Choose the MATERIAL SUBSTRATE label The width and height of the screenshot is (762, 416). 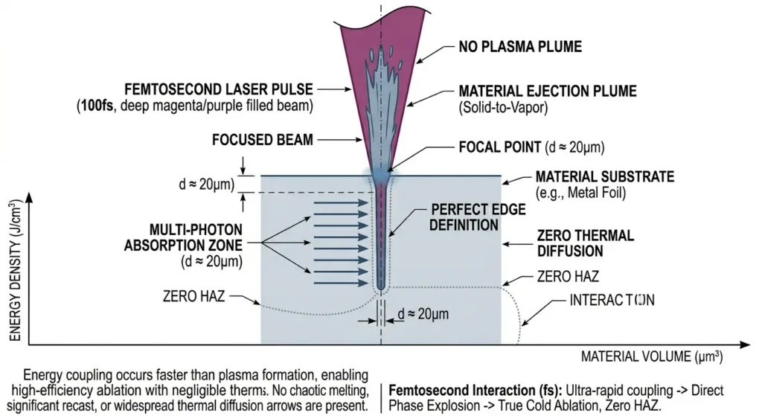[x=605, y=177]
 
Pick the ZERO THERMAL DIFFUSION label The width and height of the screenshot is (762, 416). [x=586, y=243]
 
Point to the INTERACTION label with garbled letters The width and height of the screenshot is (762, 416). [x=612, y=301]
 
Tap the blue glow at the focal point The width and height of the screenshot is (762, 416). [x=381, y=176]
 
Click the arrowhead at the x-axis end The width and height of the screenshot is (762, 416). [x=745, y=345]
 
